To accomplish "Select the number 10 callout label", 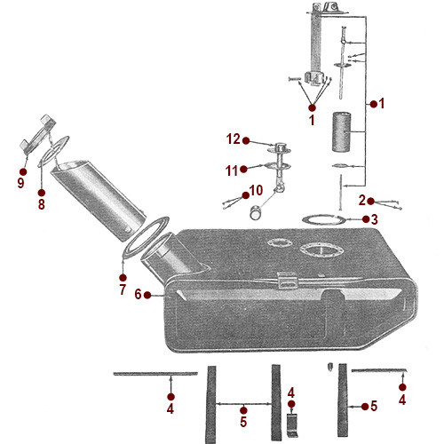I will coord(256,189).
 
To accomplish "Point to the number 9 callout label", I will coord(21,184).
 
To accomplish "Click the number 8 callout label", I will coord(41,204).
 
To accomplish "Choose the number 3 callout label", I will coord(377,219).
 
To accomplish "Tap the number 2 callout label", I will coord(361,201).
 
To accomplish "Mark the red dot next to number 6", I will coord(155,294).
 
